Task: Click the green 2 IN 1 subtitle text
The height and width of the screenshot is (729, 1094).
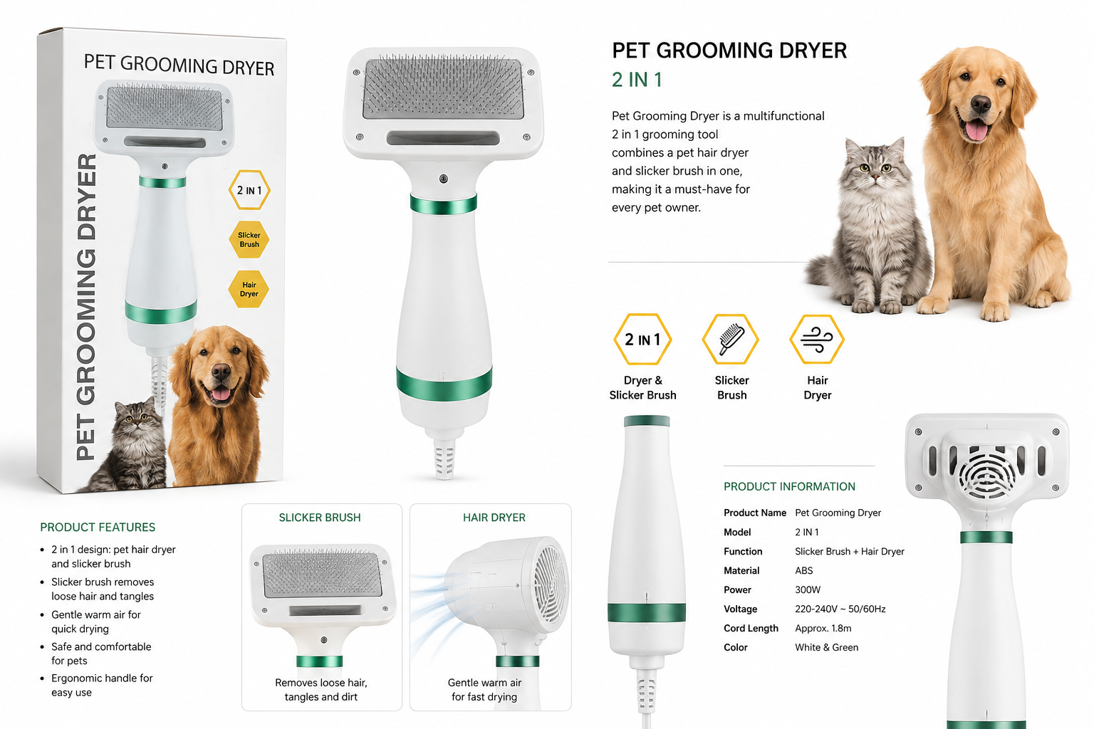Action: [x=637, y=80]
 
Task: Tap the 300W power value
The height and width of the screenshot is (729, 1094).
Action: [x=807, y=590]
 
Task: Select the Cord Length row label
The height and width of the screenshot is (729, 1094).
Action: [x=751, y=629]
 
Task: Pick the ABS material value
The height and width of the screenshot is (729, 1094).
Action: [x=804, y=570]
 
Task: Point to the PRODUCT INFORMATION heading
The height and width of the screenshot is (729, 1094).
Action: [x=789, y=486]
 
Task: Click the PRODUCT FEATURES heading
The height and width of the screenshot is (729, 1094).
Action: [x=98, y=528]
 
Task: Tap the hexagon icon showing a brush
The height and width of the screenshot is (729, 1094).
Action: [x=731, y=339]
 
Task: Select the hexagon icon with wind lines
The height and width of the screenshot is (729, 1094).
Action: [x=817, y=339]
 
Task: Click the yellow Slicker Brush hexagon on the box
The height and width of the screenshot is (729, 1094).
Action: [x=249, y=239]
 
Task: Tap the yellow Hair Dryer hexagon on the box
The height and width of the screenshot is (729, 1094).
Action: [x=249, y=289]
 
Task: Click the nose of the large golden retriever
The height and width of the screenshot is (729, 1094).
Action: [x=980, y=103]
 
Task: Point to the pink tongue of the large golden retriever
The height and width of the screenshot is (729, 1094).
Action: [x=976, y=130]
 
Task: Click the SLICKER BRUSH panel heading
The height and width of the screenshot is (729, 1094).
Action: [x=320, y=518]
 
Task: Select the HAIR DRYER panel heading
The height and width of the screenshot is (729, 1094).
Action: [x=494, y=518]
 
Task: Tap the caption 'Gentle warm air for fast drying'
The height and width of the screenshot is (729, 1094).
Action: [x=484, y=689]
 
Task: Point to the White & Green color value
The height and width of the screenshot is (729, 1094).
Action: [x=826, y=647]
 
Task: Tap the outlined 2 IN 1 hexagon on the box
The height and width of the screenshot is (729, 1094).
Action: [x=249, y=190]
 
